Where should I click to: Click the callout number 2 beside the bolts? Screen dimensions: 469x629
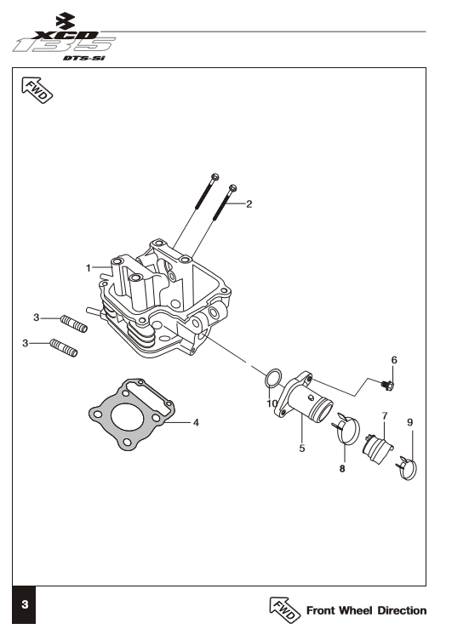(x=249, y=204)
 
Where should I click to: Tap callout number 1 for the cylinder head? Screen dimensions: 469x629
(x=89, y=267)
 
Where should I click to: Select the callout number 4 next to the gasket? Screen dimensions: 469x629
(x=196, y=422)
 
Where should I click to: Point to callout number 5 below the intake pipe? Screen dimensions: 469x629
(x=302, y=448)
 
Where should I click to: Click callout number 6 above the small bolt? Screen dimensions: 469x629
(x=394, y=360)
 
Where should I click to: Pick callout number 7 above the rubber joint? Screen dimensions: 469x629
(x=385, y=416)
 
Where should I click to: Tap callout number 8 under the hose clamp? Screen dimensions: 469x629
(x=342, y=468)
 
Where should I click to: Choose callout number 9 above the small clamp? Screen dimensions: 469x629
(x=409, y=422)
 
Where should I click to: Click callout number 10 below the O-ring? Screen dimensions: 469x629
(x=272, y=403)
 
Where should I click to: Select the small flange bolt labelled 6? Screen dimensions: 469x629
(x=387, y=386)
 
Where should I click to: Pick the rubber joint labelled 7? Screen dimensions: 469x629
(x=378, y=449)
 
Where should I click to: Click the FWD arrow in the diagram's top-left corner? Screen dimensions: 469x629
(x=37, y=90)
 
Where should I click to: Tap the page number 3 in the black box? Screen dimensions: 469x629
(x=25, y=604)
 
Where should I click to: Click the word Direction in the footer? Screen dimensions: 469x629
(x=402, y=610)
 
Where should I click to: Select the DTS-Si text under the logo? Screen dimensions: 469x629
(x=84, y=58)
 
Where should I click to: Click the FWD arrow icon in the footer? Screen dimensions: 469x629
(x=284, y=609)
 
